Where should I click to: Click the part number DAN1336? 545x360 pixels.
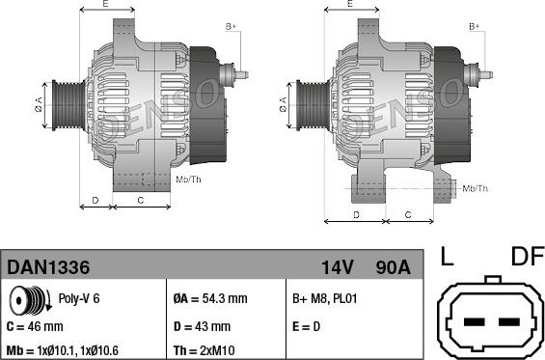48,267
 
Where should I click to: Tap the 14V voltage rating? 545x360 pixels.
338,267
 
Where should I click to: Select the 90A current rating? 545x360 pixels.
394,267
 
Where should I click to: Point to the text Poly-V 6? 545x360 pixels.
79,298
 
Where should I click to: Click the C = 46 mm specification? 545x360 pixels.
35,326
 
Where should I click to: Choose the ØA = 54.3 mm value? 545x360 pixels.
210,298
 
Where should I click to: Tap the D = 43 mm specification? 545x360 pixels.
202,326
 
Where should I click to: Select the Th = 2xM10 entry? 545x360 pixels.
204,350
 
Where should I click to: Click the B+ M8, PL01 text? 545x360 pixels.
325,298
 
